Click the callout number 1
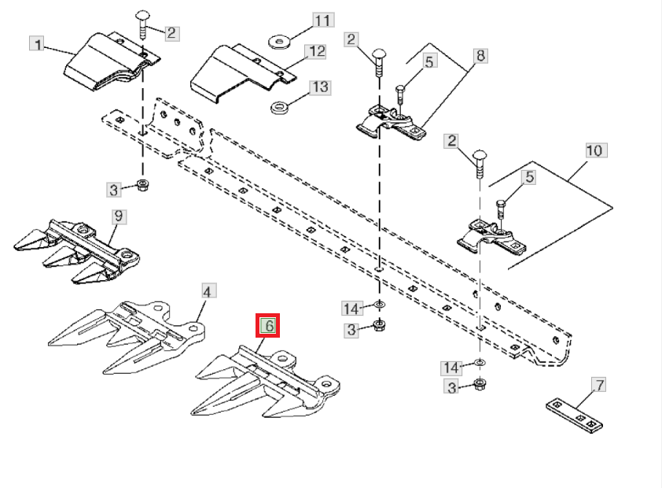click(x=38, y=44)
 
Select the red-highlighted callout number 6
click(x=267, y=325)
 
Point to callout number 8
click(x=480, y=56)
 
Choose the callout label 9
click(x=118, y=216)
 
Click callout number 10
click(x=596, y=150)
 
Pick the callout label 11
click(x=323, y=20)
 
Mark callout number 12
click(x=317, y=51)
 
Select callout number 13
click(x=320, y=87)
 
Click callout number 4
click(x=207, y=291)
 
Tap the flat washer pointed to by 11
click(x=279, y=42)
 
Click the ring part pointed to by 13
click(x=279, y=107)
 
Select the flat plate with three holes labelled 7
click(x=574, y=416)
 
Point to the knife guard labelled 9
click(x=77, y=251)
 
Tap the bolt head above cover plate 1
click(x=142, y=16)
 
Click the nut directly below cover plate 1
click(x=143, y=185)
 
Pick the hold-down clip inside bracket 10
click(x=492, y=237)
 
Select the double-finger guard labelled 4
click(x=127, y=337)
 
